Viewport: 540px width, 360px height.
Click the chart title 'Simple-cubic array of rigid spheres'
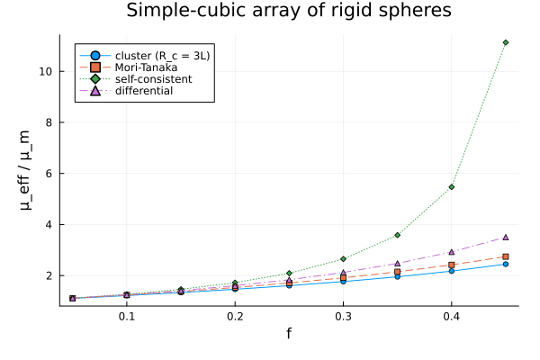pyautogui.click(x=289, y=10)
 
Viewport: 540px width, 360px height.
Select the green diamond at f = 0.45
pyautogui.click(x=506, y=42)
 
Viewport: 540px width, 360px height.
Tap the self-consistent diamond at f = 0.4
pyautogui.click(x=452, y=187)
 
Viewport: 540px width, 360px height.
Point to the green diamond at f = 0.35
pyautogui.click(x=398, y=235)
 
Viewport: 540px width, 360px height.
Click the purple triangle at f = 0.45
pyautogui.click(x=506, y=238)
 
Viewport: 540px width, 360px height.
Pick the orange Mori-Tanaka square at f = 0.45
pyautogui.click(x=506, y=256)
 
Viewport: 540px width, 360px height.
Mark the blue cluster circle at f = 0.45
pyautogui.click(x=506, y=265)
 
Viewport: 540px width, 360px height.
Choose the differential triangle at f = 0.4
pyautogui.click(x=452, y=252)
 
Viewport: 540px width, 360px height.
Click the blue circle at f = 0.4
pyautogui.click(x=452, y=271)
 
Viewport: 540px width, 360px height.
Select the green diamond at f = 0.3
pyautogui.click(x=344, y=258)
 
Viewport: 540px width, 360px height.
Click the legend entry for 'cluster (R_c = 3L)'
pyautogui.click(x=162, y=56)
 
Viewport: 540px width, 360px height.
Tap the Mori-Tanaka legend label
pyautogui.click(x=146, y=67)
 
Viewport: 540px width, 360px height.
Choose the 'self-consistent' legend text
pyautogui.click(x=153, y=79)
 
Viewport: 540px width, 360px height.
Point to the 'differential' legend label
pyautogui.click(x=144, y=91)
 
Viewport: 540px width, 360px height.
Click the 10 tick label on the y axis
pyautogui.click(x=46, y=71)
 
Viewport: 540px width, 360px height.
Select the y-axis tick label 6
pyautogui.click(x=49, y=174)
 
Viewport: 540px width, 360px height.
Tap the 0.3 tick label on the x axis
pyautogui.click(x=344, y=316)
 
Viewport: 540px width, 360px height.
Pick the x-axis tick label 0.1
pyautogui.click(x=127, y=316)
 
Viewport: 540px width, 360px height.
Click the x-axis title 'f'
pyautogui.click(x=289, y=333)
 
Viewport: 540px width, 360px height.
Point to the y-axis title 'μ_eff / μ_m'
pyautogui.click(x=25, y=170)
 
